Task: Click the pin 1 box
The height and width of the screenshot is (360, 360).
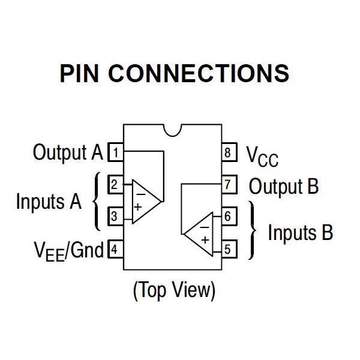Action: pyautogui.click(x=115, y=152)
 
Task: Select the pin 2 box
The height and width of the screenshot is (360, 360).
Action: pyautogui.click(x=115, y=184)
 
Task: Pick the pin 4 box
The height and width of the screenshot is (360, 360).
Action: pyautogui.click(x=115, y=248)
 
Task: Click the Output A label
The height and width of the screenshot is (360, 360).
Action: pyautogui.click(x=68, y=152)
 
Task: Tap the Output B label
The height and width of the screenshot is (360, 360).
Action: pyautogui.click(x=284, y=186)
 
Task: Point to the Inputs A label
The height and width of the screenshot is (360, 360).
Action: pyautogui.click(x=49, y=201)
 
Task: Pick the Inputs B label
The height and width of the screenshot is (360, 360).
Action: pyautogui.click(x=300, y=232)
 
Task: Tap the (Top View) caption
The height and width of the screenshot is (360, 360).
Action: pyautogui.click(x=173, y=290)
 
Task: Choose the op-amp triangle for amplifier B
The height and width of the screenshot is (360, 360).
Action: pyautogui.click(x=202, y=233)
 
